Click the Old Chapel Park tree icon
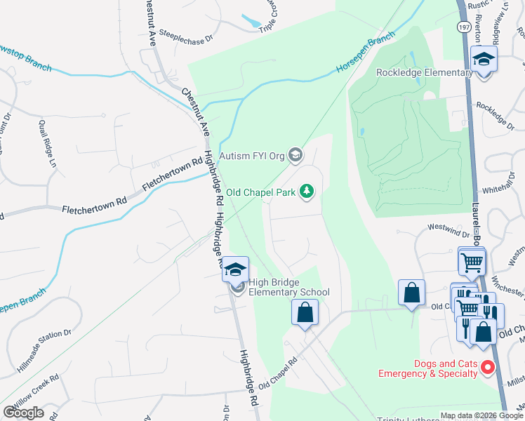pyautogui.click(x=307, y=191)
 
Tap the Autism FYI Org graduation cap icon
pyautogui.click(x=296, y=155)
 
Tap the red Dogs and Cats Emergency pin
pyautogui.click(x=487, y=367)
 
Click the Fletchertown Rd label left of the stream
pyautogui.click(x=93, y=209)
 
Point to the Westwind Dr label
pyautogui.click(x=449, y=227)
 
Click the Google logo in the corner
pyautogui.click(x=23, y=413)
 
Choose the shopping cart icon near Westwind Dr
pyautogui.click(x=472, y=262)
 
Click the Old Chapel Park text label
pyautogui.click(x=260, y=191)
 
